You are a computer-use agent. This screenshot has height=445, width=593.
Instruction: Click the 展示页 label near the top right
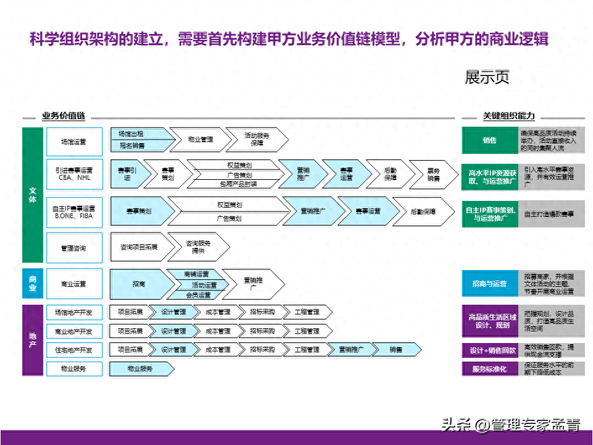(487, 78)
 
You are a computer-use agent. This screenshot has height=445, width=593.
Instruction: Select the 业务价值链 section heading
(64, 116)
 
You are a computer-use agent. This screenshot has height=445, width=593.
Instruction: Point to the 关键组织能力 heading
(508, 116)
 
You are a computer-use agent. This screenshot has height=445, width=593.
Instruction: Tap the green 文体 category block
(32, 195)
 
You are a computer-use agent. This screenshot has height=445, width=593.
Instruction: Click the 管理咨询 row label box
(74, 248)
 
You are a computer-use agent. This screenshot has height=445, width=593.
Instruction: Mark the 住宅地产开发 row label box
(74, 350)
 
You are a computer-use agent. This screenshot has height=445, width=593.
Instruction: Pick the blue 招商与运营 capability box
(489, 284)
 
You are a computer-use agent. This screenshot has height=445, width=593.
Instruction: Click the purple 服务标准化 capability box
(489, 369)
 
